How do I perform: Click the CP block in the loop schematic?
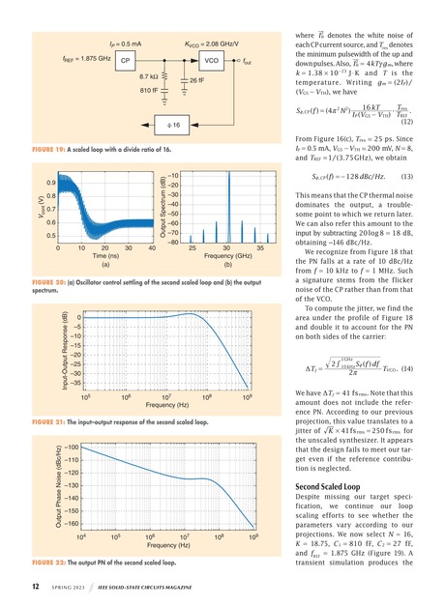click(x=126, y=61)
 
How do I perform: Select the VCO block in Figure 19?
click(x=212, y=61)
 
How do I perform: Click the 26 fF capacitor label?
click(x=195, y=81)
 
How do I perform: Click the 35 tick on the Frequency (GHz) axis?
click(x=256, y=252)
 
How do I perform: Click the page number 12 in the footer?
click(x=36, y=586)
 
